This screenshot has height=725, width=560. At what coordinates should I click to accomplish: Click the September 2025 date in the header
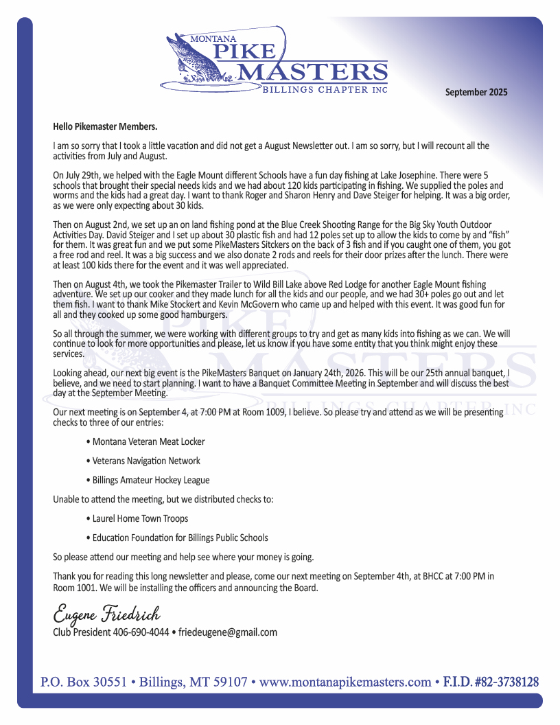pos(476,92)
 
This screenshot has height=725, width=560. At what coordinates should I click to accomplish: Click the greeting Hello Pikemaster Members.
pos(105,126)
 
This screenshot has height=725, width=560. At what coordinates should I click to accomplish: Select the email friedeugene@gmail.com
pos(228,632)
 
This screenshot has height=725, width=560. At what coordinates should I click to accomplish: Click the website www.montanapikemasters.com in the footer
pos(345,682)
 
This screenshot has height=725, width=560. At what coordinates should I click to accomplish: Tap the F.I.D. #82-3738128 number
pos(491,682)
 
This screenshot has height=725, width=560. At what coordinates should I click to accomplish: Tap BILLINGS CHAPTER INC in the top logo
pos(325,90)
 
